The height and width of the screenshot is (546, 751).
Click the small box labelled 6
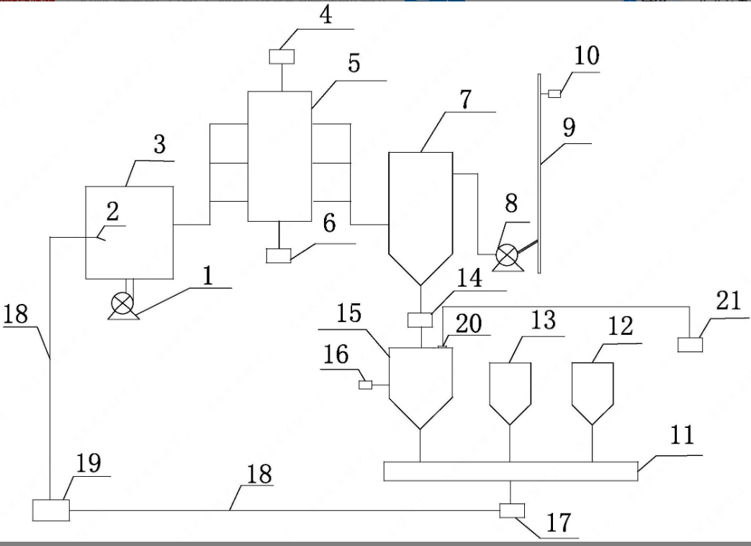[x=278, y=255]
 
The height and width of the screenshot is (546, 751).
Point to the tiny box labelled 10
[x=554, y=94]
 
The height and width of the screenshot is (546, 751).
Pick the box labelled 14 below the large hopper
[x=420, y=319]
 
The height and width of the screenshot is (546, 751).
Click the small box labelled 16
[x=365, y=385]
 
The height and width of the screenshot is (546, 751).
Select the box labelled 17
[x=512, y=511]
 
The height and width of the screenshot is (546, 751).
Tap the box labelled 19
[x=50, y=510]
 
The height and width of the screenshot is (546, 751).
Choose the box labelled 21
[x=690, y=344]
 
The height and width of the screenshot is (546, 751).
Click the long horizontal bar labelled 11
[x=511, y=471]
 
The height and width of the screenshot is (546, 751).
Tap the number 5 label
[x=354, y=63]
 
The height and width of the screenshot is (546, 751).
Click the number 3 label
[x=158, y=144]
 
